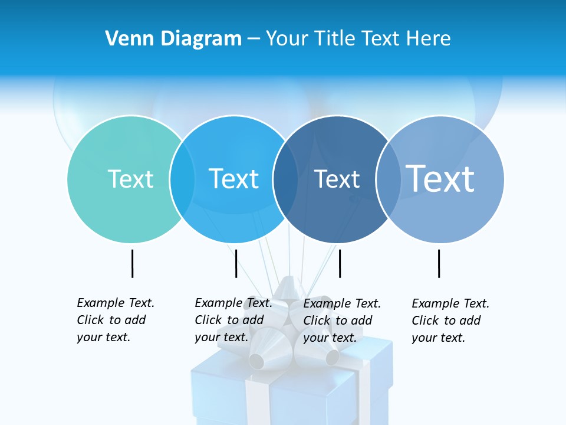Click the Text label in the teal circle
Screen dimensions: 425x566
point(130,179)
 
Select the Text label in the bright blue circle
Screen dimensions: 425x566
point(234,179)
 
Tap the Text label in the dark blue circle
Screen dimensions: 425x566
point(337,179)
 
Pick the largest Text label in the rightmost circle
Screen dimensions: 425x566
point(440,178)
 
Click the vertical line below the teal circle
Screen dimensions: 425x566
point(132,263)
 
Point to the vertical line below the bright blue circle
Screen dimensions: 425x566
point(236,263)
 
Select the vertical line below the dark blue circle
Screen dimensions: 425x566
point(340,263)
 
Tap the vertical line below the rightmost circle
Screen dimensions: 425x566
point(439,263)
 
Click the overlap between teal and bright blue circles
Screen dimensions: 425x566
point(182,179)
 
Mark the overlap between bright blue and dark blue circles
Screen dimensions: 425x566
point(285,179)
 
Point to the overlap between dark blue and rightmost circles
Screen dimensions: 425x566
point(387,179)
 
